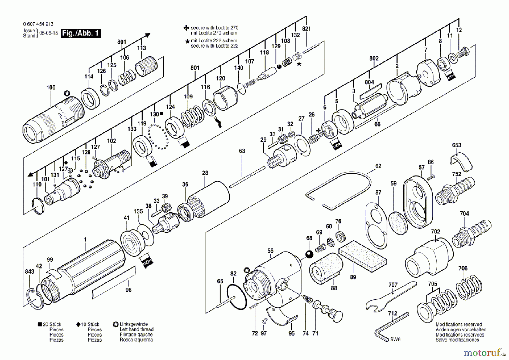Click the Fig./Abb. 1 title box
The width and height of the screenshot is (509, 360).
[81, 33]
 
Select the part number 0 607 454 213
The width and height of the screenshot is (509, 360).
[38, 24]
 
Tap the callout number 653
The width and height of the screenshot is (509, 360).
[457, 145]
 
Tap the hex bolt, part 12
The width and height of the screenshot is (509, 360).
[463, 52]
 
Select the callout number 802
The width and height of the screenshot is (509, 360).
[374, 58]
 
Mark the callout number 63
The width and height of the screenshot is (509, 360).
[242, 151]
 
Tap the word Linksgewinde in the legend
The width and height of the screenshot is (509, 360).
[134, 324]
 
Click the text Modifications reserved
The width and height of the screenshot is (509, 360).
[459, 325]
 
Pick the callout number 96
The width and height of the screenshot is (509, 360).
[128, 290]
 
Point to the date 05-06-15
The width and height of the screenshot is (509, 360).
[49, 33]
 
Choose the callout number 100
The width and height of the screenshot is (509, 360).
[51, 88]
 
